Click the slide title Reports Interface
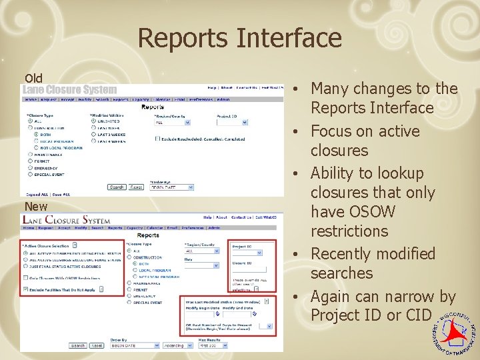tap(239, 38)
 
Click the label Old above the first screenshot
tap(33, 78)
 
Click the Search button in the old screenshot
tap(117, 187)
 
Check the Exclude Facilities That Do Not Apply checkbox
tap(25, 289)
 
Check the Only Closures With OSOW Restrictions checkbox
tap(25, 278)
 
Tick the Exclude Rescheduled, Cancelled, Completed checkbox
tap(157, 139)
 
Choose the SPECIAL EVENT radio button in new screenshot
tap(129, 302)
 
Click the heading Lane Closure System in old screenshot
tap(70, 90)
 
